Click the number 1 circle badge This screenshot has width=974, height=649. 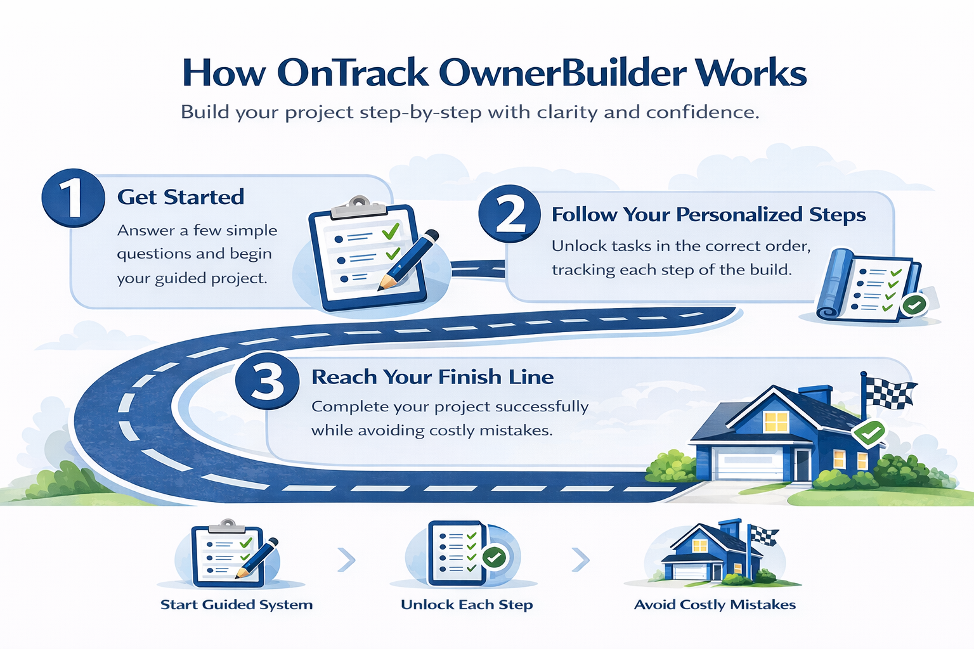[x=73, y=198]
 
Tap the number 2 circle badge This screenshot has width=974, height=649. [x=510, y=214]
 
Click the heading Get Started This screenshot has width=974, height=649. [x=181, y=197]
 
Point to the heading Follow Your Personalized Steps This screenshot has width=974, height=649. [x=708, y=215]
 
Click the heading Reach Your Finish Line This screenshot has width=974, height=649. [x=432, y=377]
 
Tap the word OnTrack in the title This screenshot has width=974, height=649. [x=353, y=73]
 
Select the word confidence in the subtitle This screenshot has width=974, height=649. [x=702, y=112]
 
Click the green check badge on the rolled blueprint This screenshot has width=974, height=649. [x=913, y=305]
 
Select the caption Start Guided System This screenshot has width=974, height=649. [x=237, y=605]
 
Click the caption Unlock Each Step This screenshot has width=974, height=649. [x=467, y=605]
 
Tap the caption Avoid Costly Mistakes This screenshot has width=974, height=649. [x=715, y=605]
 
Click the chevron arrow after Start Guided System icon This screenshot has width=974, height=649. [x=346, y=560]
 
